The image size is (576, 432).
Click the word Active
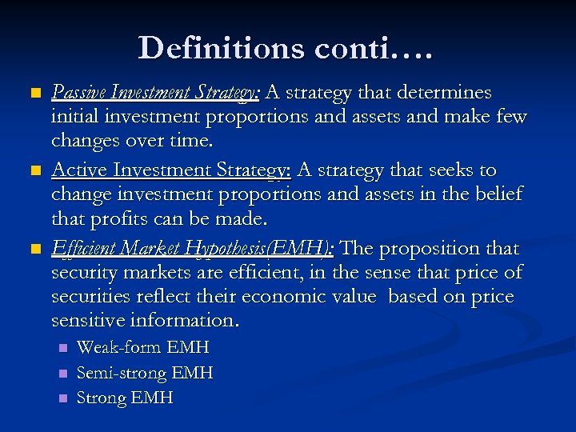tap(78, 170)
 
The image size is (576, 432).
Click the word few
tap(510, 117)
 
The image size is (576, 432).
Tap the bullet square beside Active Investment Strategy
tap(33, 171)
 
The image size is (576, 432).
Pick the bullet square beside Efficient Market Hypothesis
tap(33, 250)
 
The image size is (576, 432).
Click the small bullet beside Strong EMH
tap(63, 398)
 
